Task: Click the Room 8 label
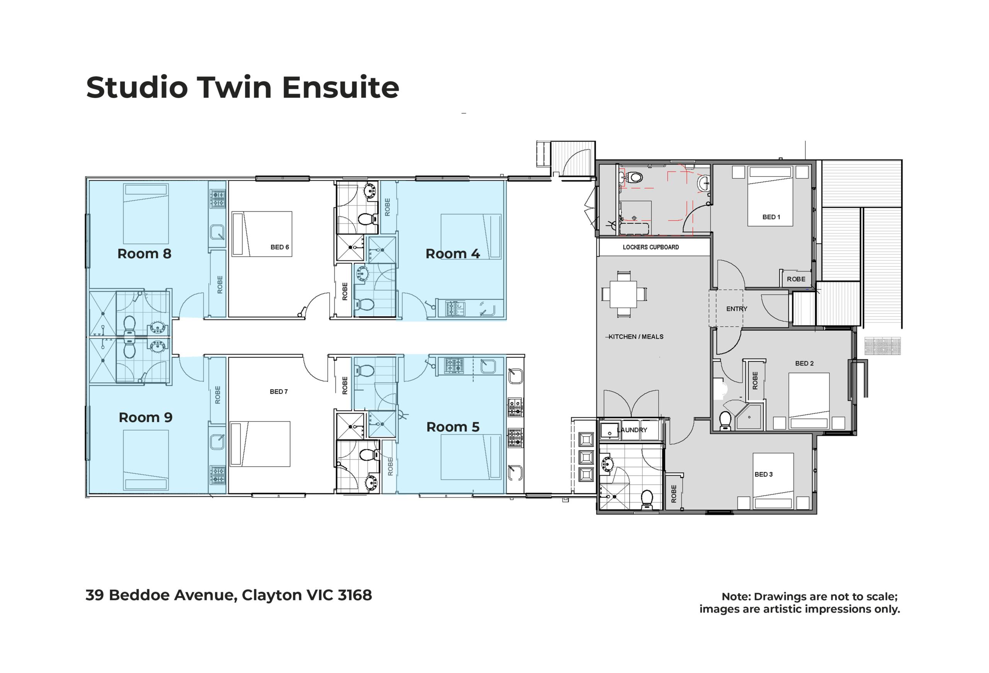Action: pos(144,254)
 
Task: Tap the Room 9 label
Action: pos(146,417)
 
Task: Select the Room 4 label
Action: pos(453,254)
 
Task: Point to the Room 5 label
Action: pos(453,427)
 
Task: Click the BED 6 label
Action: pos(280,247)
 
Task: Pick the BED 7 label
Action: pos(279,392)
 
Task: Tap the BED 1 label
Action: pos(771,217)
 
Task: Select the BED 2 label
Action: pos(804,363)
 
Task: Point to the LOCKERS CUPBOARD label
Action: pos(651,247)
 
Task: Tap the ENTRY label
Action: pos(737,309)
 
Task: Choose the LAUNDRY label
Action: pos(632,430)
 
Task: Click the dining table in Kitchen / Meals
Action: pos(624,294)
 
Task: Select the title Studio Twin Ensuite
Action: pos(243,88)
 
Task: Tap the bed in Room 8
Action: pos(146,214)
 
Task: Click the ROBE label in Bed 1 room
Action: pos(796,279)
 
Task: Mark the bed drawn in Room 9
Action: pos(146,460)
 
